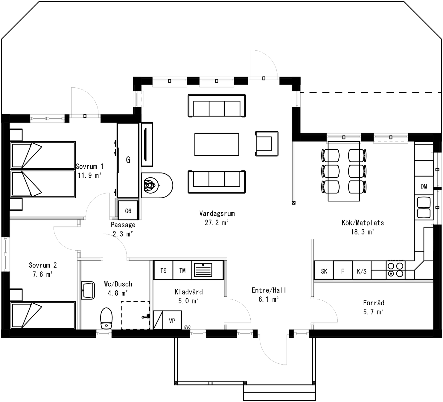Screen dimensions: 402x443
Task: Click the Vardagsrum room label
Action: click(217, 214)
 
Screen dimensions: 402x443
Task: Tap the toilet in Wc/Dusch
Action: click(106, 319)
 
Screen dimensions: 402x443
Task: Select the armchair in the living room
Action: click(267, 144)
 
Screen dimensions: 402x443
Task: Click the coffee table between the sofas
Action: click(217, 144)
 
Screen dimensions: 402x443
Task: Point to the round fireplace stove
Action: click(151, 185)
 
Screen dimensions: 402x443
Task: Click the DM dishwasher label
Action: click(424, 186)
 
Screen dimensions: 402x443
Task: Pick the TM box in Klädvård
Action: click(182, 271)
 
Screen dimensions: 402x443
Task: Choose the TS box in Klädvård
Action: click(163, 271)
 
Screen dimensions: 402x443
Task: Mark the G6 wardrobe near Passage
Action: click(128, 211)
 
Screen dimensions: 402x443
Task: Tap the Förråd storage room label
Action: click(373, 303)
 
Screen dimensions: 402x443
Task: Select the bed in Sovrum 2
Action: click(43, 315)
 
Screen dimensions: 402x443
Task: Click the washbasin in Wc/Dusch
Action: click(88, 290)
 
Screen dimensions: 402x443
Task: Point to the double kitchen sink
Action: click(423, 208)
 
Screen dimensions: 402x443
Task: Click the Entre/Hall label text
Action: click(269, 290)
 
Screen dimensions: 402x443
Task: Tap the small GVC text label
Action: click(187, 327)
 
